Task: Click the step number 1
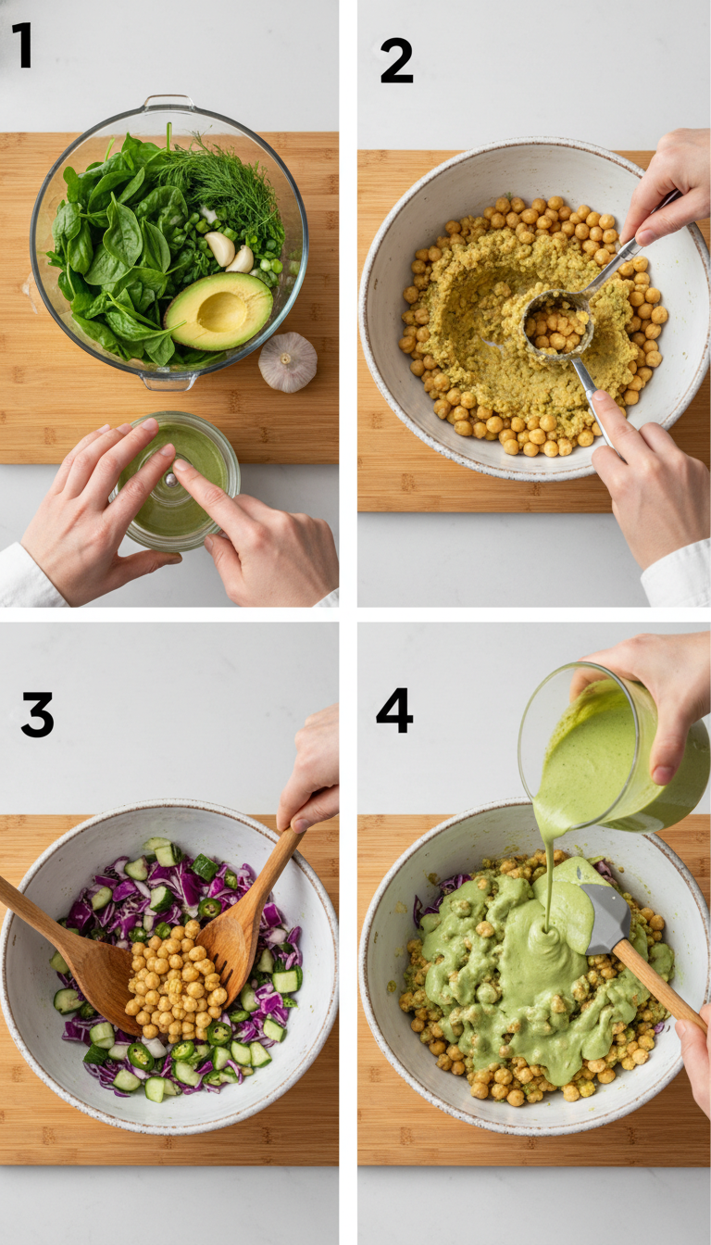click(x=21, y=46)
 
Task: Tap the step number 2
click(x=396, y=61)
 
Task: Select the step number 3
click(x=37, y=714)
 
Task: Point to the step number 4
click(x=394, y=711)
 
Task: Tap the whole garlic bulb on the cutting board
click(x=287, y=362)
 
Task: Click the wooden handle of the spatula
click(x=659, y=986)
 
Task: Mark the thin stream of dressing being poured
click(x=549, y=880)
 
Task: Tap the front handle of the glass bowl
click(x=169, y=380)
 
